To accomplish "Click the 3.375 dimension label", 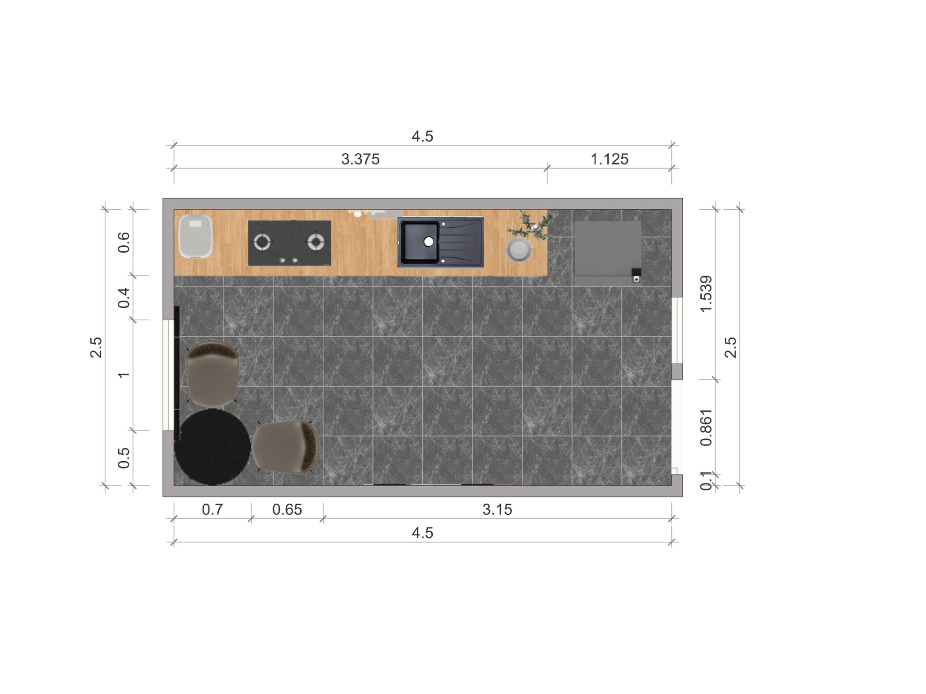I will point(360,159).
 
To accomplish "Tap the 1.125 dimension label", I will point(609,159).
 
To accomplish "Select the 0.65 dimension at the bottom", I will point(287,510).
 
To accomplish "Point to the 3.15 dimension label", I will point(497,510).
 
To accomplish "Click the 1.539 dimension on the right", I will point(706,294).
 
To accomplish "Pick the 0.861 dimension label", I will point(706,427).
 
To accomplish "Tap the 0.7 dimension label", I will point(212,510).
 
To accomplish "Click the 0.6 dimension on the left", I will point(123,243).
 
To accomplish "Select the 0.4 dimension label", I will point(123,298).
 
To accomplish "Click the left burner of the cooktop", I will point(262,242).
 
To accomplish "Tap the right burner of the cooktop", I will point(316,242).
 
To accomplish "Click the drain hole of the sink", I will point(428,242).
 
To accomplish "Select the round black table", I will point(213,447).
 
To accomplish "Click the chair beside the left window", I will point(213,373).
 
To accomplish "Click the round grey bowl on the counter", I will point(519,250).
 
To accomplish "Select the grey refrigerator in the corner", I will point(607,249).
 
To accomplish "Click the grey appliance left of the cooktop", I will point(195,236).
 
